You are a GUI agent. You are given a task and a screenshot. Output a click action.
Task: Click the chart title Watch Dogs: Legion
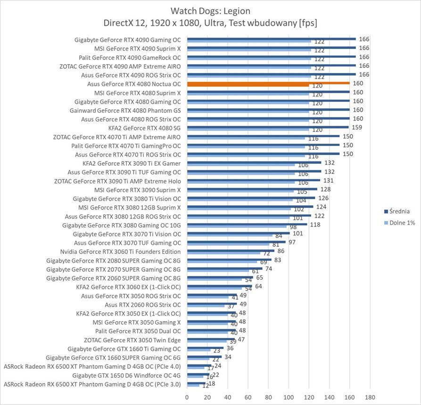coord(210,11)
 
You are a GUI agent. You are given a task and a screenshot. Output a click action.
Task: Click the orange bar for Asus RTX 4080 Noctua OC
coord(268,83)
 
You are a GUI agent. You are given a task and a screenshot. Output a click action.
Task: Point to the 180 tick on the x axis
coord(370,397)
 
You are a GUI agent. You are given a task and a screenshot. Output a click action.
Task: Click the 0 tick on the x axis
coord(188,397)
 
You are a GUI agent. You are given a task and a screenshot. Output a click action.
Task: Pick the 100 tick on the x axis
coord(289,397)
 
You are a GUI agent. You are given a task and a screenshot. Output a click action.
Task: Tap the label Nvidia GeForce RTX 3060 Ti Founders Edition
coord(121,251)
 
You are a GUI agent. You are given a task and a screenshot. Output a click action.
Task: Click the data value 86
coord(281,251)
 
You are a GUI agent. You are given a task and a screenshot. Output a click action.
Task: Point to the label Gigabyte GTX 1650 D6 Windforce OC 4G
coord(126,375)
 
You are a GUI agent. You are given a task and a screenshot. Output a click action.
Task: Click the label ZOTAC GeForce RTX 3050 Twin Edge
coord(132,340)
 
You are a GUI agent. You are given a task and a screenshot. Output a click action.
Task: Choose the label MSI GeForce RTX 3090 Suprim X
coord(138,190)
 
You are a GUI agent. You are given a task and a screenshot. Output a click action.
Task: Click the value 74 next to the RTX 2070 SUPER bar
coord(269,269)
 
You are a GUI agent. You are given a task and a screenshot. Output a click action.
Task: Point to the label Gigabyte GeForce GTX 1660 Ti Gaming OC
coord(124,349)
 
